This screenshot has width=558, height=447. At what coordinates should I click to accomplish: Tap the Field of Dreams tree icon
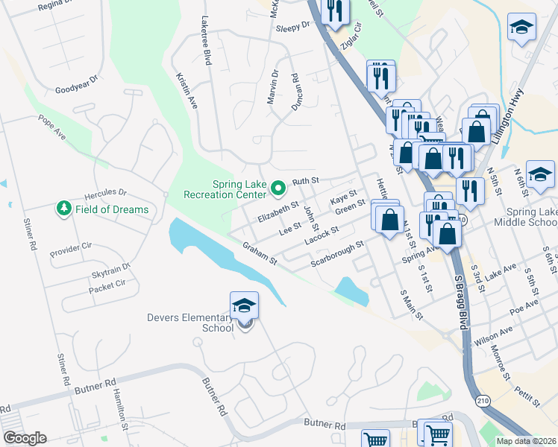click(x=65, y=209)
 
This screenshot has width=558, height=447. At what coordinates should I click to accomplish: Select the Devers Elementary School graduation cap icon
click(x=244, y=306)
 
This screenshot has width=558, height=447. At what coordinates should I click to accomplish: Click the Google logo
click(x=25, y=438)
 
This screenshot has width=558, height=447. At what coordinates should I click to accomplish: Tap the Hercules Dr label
click(x=106, y=193)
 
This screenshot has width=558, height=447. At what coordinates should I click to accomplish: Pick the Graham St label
click(x=260, y=253)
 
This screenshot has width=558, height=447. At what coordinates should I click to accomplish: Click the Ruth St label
click(x=305, y=181)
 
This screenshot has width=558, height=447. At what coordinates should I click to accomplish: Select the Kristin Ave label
click(x=186, y=91)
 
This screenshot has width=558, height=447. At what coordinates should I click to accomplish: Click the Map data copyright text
click(x=526, y=440)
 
